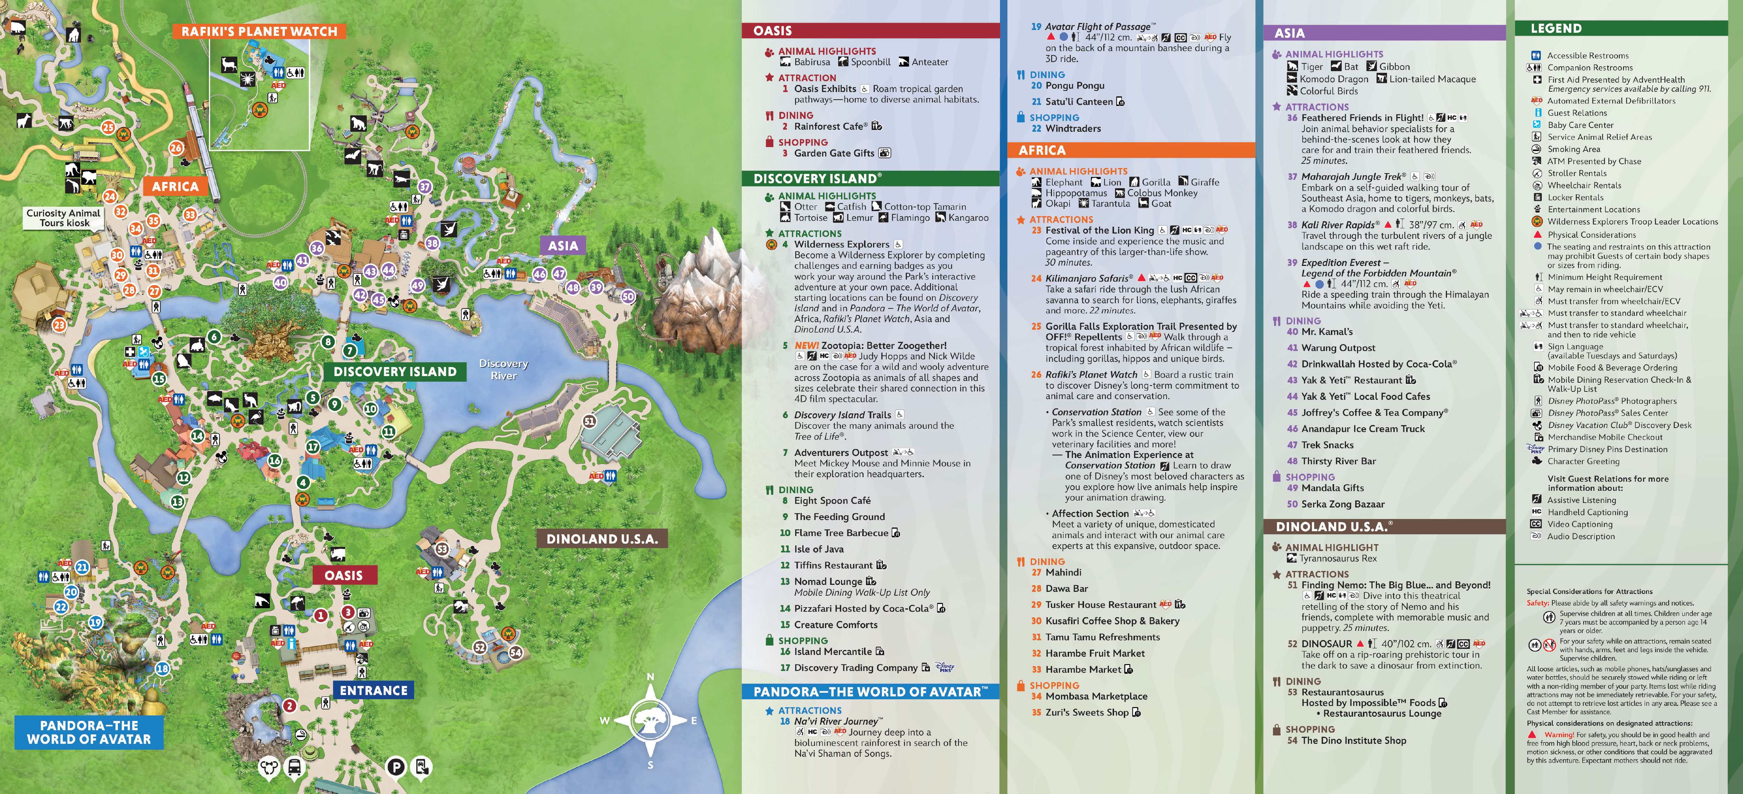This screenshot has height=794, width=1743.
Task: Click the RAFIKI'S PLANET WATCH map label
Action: [259, 31]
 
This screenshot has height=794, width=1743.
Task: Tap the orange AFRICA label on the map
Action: [175, 186]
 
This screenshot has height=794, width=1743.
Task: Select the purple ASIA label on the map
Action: [563, 245]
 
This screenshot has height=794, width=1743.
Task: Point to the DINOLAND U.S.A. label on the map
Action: [601, 539]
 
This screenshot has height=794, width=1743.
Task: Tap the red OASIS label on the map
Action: [344, 575]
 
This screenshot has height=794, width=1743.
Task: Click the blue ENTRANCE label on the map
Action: [373, 690]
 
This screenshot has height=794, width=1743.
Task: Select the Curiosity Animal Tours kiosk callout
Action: [63, 218]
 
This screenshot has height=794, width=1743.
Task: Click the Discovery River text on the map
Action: [503, 369]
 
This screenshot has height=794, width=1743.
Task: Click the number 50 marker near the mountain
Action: [628, 296]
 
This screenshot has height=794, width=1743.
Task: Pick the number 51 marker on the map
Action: [589, 421]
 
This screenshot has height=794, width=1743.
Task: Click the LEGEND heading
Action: [1556, 28]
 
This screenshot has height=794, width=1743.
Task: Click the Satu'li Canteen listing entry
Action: [1078, 101]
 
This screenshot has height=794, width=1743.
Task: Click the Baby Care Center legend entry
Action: [1580, 125]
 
